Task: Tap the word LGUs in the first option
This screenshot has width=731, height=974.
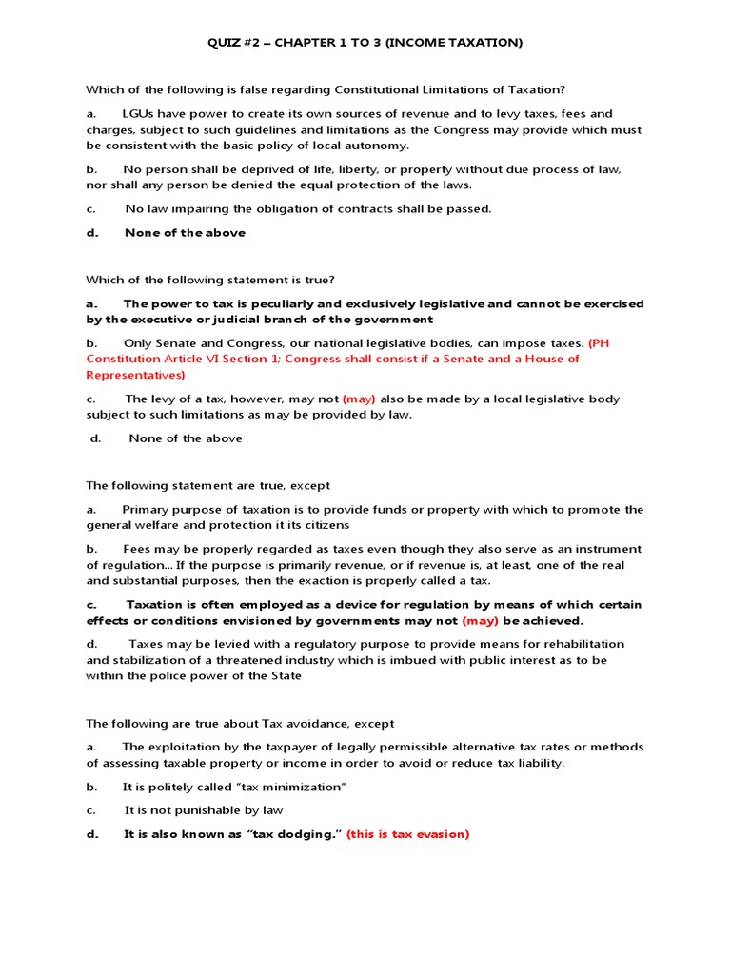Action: click(x=139, y=113)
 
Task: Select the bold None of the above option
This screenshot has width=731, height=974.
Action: click(x=185, y=233)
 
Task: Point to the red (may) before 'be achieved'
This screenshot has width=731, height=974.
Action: click(x=480, y=621)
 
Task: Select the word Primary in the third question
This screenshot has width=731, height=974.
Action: click(x=146, y=510)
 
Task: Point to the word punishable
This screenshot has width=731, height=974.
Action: click(x=210, y=810)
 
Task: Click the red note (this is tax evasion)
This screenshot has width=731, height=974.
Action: click(x=407, y=834)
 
